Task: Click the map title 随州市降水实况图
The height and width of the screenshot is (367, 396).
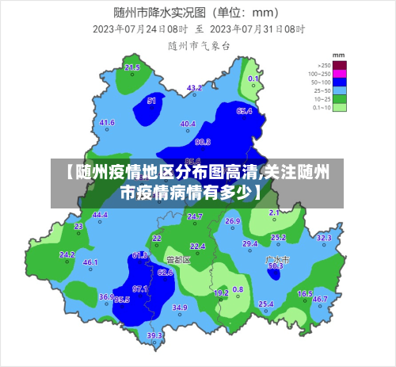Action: [158, 12]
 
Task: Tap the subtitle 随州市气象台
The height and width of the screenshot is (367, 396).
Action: [198, 46]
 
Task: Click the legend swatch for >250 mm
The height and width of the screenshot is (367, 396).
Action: [340, 65]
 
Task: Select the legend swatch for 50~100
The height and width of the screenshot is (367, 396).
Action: [340, 82]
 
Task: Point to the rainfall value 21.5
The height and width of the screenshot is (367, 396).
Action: [132, 68]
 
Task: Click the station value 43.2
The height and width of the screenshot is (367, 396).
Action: [194, 88]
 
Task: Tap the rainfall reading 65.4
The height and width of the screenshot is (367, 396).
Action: [244, 111]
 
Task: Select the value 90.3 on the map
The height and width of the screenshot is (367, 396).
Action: [203, 142]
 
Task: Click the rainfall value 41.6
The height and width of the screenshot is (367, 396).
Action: [107, 123]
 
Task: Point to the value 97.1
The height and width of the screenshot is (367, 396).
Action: [140, 289]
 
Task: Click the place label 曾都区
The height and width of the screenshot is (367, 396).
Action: [178, 259]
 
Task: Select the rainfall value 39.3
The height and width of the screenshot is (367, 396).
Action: [154, 335]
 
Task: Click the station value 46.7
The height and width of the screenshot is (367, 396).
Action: [320, 300]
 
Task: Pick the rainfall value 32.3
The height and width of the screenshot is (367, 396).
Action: [324, 238]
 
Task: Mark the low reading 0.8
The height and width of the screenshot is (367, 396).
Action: [238, 290]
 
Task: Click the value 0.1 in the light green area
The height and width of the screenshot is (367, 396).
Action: [253, 79]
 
